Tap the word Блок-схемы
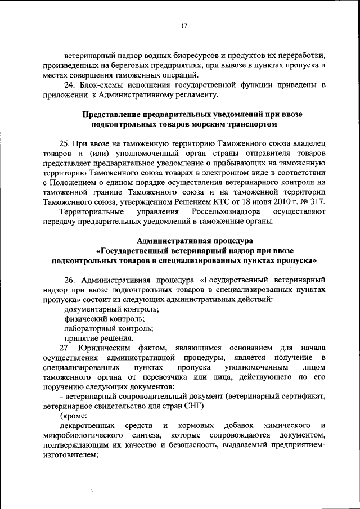pos(99,85)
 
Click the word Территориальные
pos(93,211)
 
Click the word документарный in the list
pos(95,309)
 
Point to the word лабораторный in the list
pos(92,328)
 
